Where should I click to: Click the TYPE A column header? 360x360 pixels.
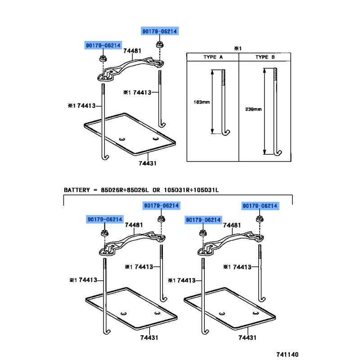213,57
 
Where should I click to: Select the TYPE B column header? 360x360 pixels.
265,57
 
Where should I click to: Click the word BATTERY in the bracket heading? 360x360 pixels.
78,190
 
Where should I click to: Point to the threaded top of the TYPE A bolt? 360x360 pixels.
223,76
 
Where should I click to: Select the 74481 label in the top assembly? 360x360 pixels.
132,51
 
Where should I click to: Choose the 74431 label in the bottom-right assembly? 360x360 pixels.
247,337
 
